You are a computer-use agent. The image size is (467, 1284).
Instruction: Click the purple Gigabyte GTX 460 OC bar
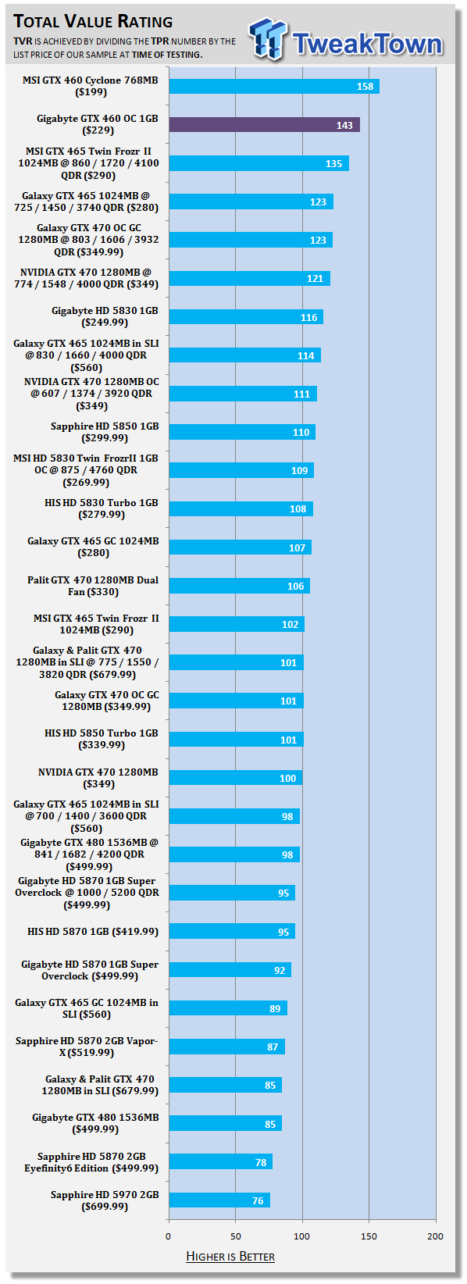(264, 124)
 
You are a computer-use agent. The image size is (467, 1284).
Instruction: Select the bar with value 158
(274, 86)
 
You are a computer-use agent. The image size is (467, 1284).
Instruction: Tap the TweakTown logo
(346, 39)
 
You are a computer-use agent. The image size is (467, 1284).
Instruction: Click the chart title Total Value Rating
(93, 21)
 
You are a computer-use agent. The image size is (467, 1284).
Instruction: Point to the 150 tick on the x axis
(369, 1236)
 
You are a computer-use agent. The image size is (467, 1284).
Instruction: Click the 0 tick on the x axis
(168, 1236)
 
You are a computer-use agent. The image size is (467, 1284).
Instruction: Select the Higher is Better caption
(230, 1257)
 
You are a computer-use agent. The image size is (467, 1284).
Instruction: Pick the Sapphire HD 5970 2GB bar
(219, 1200)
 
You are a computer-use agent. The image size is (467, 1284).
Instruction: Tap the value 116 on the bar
(308, 317)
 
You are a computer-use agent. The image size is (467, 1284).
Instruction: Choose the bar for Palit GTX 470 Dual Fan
(240, 586)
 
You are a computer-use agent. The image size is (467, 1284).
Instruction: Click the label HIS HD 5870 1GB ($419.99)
(93, 931)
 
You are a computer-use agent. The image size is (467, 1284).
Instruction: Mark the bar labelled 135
(259, 162)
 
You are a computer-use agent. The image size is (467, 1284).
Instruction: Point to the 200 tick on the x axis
(436, 1236)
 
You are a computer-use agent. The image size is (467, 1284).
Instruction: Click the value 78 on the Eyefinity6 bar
(261, 1162)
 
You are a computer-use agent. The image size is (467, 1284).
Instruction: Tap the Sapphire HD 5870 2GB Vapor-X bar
(227, 1046)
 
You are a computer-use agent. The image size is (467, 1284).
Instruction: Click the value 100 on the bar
(287, 778)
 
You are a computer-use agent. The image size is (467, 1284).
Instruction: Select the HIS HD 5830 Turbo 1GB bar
(241, 508)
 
